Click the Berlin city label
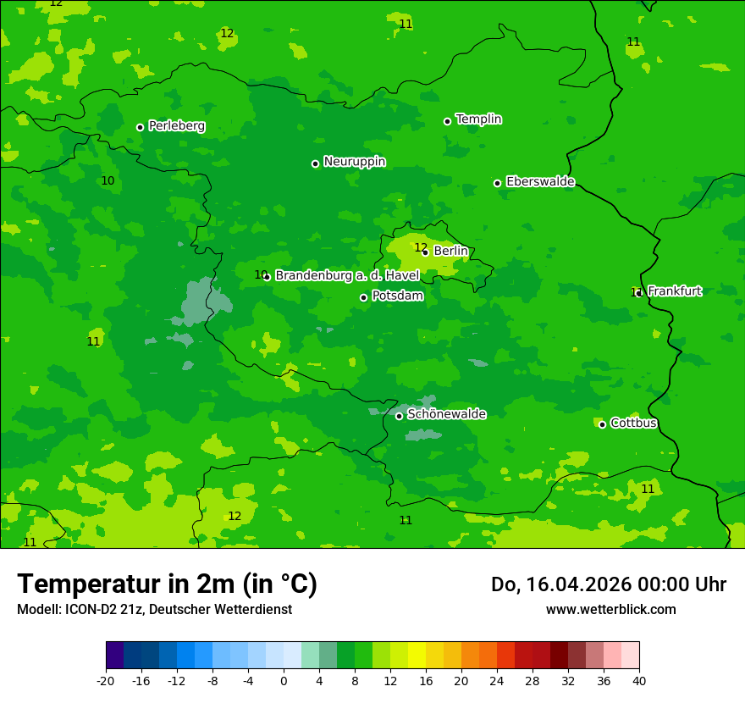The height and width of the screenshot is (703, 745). (x=450, y=252)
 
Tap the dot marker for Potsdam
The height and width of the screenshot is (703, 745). (x=364, y=297)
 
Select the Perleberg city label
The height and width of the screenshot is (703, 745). (x=176, y=126)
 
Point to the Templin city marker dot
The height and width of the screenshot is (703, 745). (x=447, y=121)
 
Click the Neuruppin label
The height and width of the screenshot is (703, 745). (x=354, y=162)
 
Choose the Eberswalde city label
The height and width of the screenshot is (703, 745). (x=540, y=182)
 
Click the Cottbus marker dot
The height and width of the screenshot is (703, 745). (x=602, y=424)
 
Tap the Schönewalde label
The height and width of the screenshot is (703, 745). (x=446, y=414)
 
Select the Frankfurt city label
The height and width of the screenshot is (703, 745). (x=675, y=291)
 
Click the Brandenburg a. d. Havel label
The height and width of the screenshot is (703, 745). (x=347, y=276)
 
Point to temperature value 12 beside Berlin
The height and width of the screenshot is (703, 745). (x=420, y=247)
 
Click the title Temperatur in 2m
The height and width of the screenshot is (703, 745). (x=167, y=584)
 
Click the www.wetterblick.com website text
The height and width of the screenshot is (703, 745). (x=610, y=609)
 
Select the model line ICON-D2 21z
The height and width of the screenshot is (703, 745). (x=154, y=609)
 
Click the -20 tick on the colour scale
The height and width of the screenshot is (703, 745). (x=106, y=680)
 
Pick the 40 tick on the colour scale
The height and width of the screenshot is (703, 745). (x=639, y=680)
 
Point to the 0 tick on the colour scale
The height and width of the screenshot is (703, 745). (x=284, y=680)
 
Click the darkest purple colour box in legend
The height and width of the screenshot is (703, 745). (x=114, y=656)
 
